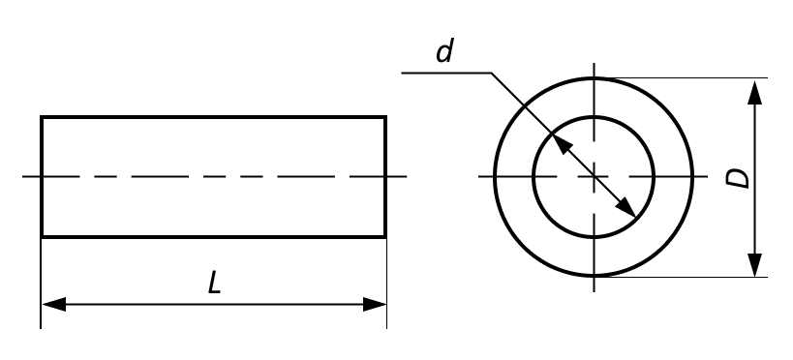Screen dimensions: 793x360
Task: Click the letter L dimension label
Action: point(214,284)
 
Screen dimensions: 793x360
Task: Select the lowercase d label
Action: point(444,51)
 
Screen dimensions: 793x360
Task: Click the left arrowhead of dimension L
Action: point(53,305)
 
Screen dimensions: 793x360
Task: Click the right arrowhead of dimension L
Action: point(375,305)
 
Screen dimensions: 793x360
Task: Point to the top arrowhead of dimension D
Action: point(754,92)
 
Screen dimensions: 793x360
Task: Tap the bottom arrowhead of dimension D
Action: point(754,265)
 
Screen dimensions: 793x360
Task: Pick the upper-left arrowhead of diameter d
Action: point(562,144)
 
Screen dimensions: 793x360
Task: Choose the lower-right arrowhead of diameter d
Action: point(625,207)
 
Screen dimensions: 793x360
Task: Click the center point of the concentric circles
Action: point(594,176)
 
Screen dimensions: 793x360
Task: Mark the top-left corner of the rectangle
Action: point(42,117)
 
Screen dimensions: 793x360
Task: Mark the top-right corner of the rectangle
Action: point(386,117)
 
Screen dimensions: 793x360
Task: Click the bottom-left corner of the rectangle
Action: point(42,236)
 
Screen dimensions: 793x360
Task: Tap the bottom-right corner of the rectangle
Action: point(386,236)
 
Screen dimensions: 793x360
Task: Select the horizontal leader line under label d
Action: point(446,73)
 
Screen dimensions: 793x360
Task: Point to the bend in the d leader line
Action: point(492,74)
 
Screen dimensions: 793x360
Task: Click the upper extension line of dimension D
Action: point(682,77)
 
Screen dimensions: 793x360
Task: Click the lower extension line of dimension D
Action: point(682,277)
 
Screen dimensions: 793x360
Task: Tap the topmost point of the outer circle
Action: point(594,77)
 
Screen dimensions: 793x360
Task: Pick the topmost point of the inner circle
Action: point(594,117)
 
